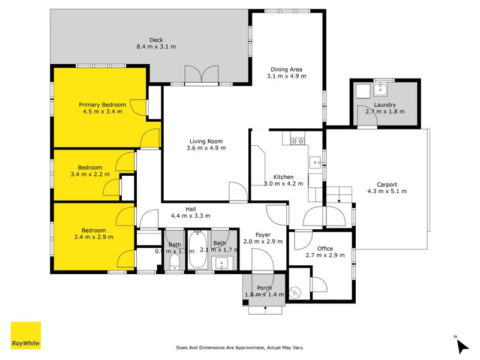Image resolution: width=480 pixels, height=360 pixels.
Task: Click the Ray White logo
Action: (x=26, y=335)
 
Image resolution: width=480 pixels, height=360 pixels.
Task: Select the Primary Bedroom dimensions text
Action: (x=102, y=112)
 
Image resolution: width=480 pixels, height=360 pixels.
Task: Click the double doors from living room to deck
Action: (x=201, y=75)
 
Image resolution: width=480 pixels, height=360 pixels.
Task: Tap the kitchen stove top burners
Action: (x=297, y=142)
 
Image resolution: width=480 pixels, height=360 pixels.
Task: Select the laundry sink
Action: (x=380, y=91)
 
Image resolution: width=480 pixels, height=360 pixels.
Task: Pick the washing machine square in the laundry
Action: (x=362, y=92)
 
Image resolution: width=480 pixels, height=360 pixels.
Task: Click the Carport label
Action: (x=386, y=184)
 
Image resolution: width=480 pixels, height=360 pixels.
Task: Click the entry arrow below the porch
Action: (x=265, y=310)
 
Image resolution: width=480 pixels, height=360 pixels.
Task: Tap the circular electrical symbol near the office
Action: (x=295, y=292)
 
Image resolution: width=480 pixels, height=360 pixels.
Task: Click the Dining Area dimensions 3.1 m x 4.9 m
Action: (x=286, y=76)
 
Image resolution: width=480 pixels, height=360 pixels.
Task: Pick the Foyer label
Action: (x=262, y=235)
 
